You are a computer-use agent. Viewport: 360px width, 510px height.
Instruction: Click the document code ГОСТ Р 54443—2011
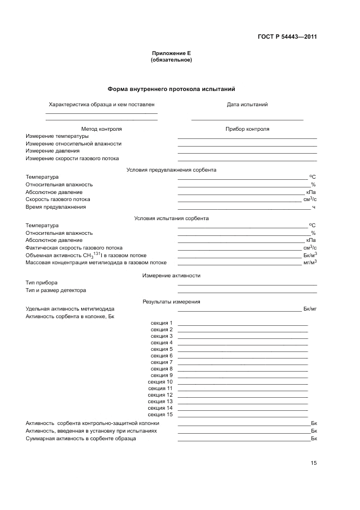pos(287,37)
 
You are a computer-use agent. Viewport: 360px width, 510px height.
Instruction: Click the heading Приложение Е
pos(171,53)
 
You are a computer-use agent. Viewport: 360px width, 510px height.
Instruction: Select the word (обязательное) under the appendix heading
pos(171,60)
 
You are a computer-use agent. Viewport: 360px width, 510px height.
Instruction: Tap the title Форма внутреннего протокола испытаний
pos(171,89)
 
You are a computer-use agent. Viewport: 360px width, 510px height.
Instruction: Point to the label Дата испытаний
pos(247,104)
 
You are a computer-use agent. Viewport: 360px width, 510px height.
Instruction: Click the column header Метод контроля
pos(101,129)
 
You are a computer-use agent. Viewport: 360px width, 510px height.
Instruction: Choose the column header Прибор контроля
pos(247,129)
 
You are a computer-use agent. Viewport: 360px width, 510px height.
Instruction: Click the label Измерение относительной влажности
pos(74,144)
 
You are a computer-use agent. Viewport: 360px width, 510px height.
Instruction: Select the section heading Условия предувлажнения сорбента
pos(171,170)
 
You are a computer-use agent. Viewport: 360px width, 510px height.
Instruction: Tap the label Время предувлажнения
pos(56,207)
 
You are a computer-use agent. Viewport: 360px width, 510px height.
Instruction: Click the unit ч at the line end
pos(314,207)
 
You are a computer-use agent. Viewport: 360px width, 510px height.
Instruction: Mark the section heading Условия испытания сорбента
pos(171,218)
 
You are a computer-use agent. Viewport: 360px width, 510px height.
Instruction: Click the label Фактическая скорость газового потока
pos(74,248)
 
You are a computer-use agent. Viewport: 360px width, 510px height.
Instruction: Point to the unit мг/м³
pos(310,262)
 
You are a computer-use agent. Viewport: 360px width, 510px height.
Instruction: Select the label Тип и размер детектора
pos(56,290)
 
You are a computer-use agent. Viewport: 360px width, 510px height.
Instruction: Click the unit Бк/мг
pos(310,309)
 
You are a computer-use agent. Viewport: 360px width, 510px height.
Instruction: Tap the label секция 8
pos(162,369)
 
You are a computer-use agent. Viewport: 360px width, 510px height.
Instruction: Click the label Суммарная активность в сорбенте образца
pos(81,438)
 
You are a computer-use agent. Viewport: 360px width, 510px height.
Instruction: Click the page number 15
pos(314,463)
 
